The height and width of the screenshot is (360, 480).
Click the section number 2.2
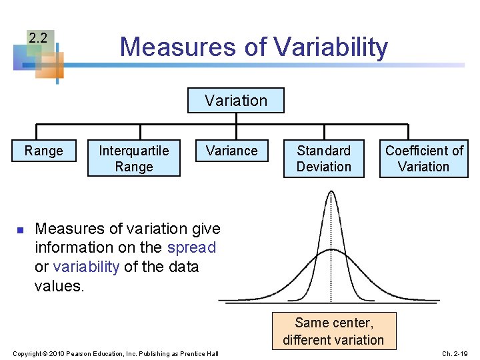pos(38,39)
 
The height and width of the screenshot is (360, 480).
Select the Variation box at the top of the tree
pos(235,101)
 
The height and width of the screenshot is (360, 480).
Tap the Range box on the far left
pos(43,151)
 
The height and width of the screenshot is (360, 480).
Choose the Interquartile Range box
pos(134,159)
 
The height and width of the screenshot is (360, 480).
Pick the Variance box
pos(231,151)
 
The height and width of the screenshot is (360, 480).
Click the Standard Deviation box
pos(324,159)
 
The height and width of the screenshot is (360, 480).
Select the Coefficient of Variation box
pos(424,159)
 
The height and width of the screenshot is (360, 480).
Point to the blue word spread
pos(191,247)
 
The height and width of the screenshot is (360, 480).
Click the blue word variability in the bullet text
pos(86,267)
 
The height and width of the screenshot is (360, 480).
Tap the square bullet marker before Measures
pos(20,230)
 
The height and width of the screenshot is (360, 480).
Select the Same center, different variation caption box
pos(333,331)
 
